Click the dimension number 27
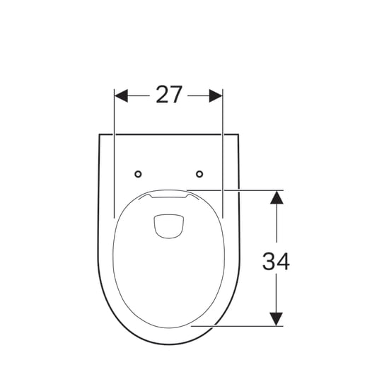169,95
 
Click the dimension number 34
276,261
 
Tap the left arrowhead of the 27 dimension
121,95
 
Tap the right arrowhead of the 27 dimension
216,95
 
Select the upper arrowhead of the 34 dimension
277,197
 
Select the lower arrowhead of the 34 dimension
277,319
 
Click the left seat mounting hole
138,174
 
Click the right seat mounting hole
199,174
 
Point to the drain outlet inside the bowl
169,226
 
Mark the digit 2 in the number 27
163,95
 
